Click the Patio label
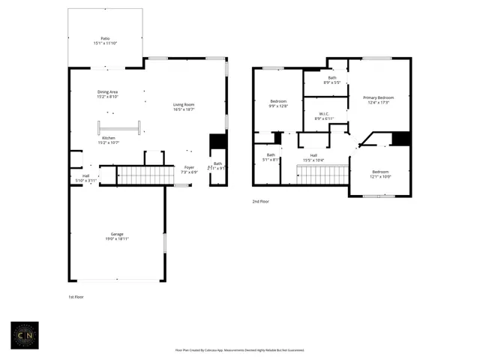(106, 41)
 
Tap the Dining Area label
(108, 94)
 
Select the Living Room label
(184, 107)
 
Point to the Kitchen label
(108, 140)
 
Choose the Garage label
(116, 236)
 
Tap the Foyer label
(190, 169)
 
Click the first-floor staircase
(146, 175)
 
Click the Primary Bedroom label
(378, 100)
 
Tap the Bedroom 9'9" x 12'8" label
(278, 103)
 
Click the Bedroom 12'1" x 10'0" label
(381, 174)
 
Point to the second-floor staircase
(322, 174)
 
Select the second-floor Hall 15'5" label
(313, 157)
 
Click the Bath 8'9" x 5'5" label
(331, 79)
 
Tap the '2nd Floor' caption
(260, 202)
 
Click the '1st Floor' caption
(76, 297)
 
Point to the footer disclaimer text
(239, 349)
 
